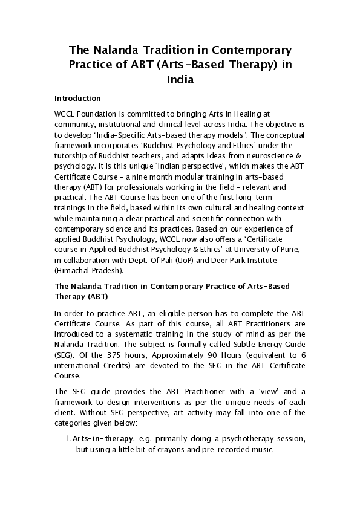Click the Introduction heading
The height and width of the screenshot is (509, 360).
click(x=77, y=98)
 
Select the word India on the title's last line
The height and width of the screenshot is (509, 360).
click(x=180, y=79)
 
